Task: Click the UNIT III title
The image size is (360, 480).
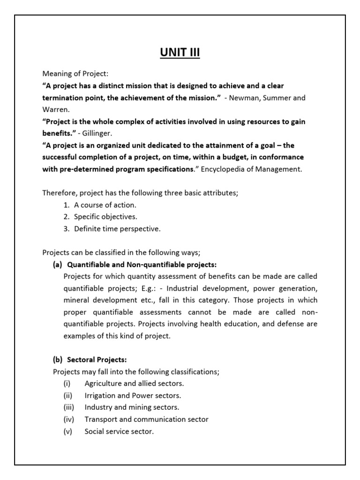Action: tap(180, 53)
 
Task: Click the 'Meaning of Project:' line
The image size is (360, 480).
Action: tap(75, 74)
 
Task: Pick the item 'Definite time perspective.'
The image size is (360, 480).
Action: tap(117, 229)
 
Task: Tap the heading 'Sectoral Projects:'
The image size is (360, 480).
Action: tap(97, 360)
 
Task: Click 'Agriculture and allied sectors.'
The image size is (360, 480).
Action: tap(134, 383)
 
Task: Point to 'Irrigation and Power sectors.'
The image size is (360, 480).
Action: tap(133, 395)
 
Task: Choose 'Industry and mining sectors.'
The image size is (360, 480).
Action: tap(132, 407)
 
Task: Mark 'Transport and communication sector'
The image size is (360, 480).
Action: tap(146, 419)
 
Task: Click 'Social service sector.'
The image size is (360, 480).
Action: tap(119, 431)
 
